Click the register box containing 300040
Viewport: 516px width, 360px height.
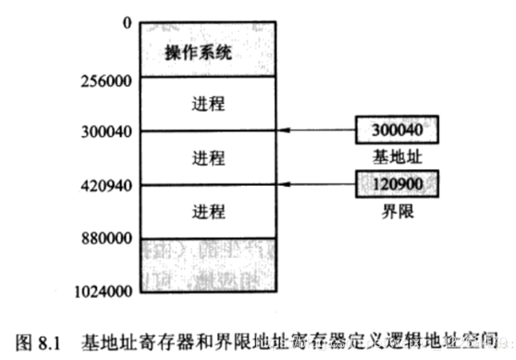point(397,128)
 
